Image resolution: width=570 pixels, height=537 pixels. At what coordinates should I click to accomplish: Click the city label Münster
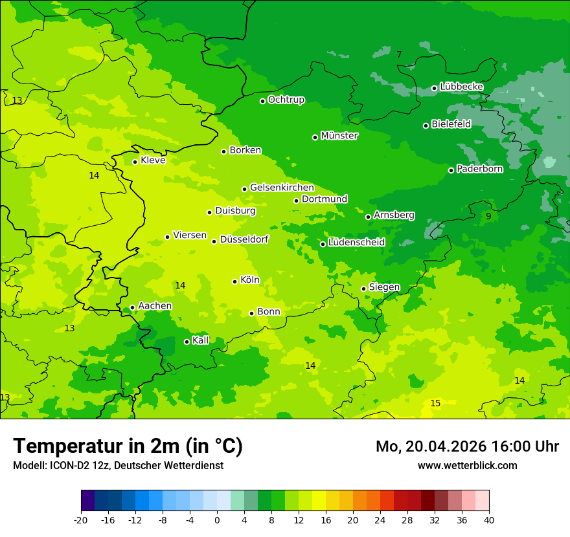point(339,136)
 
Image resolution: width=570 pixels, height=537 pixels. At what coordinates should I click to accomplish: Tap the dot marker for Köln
point(234,281)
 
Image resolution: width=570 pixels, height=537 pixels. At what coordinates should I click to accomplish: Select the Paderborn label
point(479,170)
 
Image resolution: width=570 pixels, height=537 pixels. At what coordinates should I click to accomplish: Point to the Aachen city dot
point(132,308)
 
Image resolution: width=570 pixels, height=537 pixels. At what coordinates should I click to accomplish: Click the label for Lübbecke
point(461,87)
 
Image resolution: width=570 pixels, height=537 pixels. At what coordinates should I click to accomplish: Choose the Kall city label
point(201,340)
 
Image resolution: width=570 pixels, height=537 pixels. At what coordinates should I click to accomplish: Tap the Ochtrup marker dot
point(262,101)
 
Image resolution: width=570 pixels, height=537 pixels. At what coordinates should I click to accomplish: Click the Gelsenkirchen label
point(282,188)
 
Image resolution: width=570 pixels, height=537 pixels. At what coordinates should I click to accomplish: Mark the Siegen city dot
point(363,289)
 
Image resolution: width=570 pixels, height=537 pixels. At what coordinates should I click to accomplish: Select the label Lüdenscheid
point(356,243)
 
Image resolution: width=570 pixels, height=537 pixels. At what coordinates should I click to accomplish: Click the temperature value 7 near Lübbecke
point(399,55)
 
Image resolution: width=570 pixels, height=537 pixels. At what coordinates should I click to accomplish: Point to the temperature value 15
point(435,404)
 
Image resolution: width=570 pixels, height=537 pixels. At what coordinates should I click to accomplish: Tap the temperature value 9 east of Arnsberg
point(488,217)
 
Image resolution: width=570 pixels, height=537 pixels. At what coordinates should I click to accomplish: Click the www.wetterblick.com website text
point(467,465)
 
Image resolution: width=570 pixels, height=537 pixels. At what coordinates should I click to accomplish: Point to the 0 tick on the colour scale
point(217,520)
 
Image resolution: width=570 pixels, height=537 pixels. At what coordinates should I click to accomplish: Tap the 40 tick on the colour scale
point(489,520)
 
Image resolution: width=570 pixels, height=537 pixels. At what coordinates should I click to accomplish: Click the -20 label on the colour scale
point(80,520)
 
